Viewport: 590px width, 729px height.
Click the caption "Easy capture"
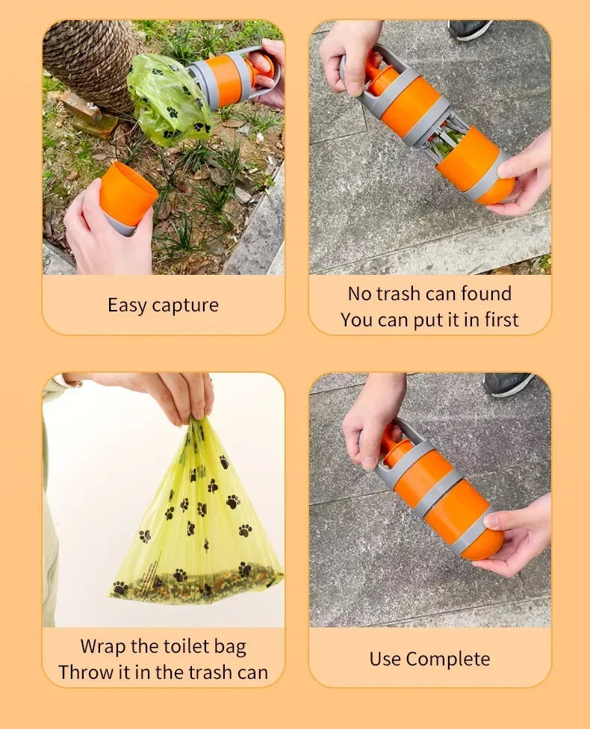click(x=163, y=305)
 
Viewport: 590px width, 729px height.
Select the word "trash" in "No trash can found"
click(x=401, y=294)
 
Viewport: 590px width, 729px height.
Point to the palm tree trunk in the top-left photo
click(x=90, y=60)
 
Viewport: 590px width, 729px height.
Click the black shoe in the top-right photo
click(x=469, y=29)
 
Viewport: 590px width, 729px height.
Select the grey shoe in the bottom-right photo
click(x=507, y=384)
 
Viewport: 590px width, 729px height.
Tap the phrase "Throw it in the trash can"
click(x=163, y=672)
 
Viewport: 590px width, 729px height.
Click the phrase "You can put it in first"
click(x=429, y=320)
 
